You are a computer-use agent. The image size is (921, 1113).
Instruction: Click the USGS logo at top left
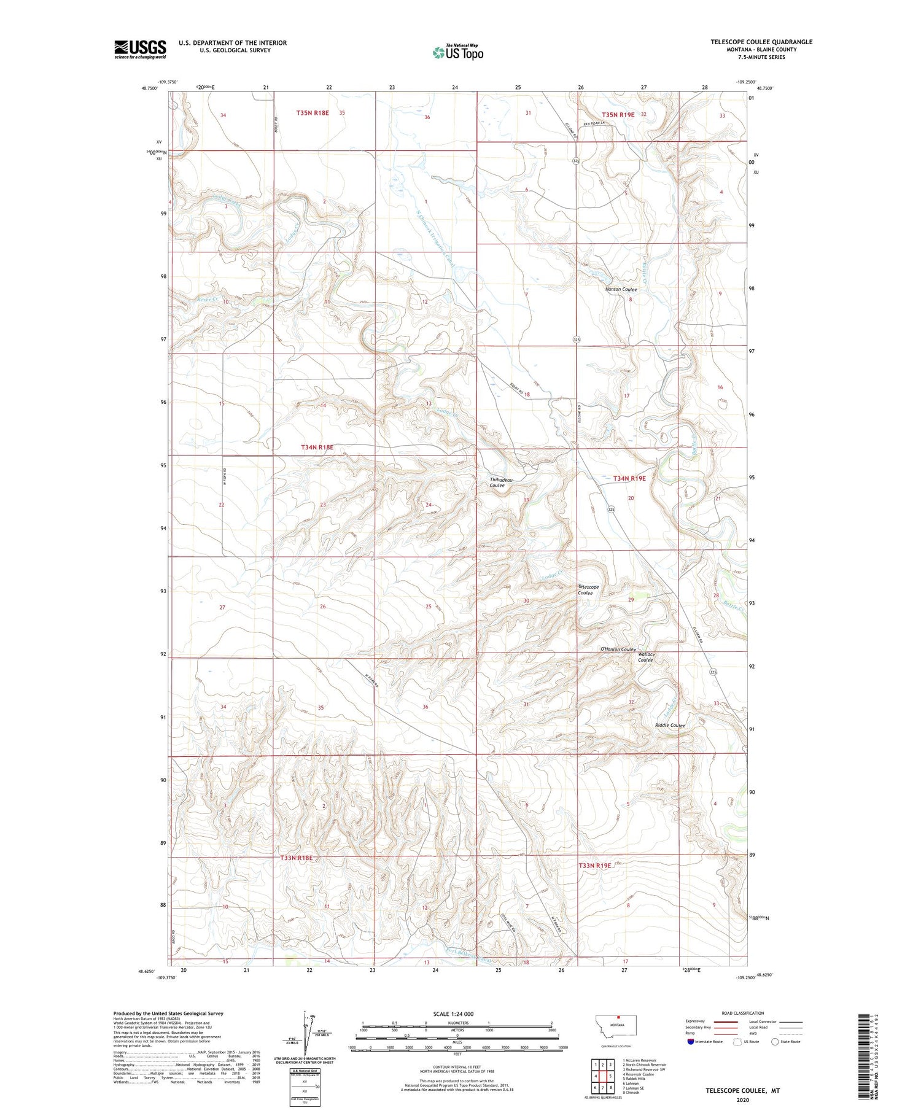click(x=140, y=49)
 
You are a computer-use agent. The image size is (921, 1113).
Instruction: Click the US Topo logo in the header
click(x=457, y=52)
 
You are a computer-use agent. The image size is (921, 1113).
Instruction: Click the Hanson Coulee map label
click(x=621, y=289)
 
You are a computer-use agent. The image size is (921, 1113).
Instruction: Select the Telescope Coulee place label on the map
click(x=588, y=590)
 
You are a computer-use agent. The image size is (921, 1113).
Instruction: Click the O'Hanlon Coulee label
click(x=617, y=650)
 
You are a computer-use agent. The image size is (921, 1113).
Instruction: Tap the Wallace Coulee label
click(x=646, y=657)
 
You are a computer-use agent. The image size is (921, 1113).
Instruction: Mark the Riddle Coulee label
click(x=670, y=725)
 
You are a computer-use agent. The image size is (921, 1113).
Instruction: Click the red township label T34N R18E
click(x=317, y=448)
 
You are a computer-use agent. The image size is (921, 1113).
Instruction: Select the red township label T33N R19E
click(x=594, y=866)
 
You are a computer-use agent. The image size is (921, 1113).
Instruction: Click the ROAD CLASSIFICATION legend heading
click(x=742, y=1014)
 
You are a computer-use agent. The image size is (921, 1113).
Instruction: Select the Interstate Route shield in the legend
click(x=691, y=1042)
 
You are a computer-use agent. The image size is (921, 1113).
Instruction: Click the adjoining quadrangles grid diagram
click(x=602, y=1072)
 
